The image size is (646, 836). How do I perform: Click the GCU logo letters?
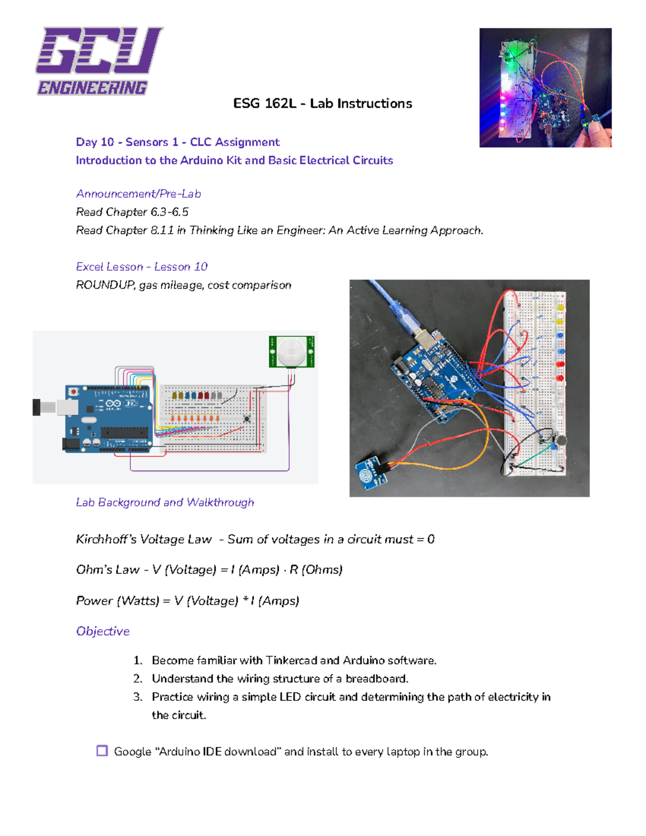click(x=99, y=51)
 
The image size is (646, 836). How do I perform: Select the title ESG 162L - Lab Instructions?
click(x=322, y=103)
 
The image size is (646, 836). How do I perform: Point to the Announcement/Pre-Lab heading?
click(x=138, y=194)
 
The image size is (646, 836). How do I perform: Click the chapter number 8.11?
click(x=162, y=230)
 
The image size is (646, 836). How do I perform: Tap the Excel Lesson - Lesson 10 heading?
click(x=142, y=267)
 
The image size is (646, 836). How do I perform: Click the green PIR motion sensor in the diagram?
click(x=292, y=352)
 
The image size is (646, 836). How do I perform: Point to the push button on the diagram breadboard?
click(x=247, y=418)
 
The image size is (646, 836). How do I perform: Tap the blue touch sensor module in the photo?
click(x=370, y=472)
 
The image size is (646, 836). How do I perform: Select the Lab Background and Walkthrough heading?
click(x=165, y=502)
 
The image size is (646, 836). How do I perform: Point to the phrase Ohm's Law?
click(x=108, y=570)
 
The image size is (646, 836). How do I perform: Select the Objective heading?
click(x=103, y=631)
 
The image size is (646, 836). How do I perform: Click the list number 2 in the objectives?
click(x=138, y=679)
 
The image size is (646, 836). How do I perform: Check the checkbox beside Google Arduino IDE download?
click(x=102, y=751)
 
